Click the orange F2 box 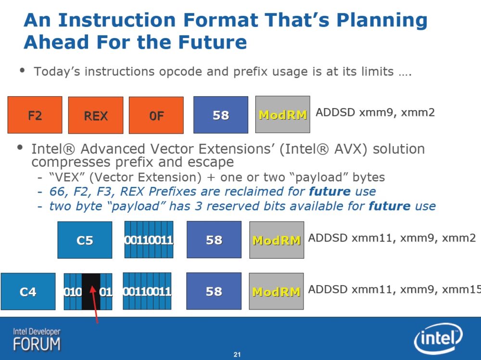tap(35, 115)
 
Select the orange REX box tap(96, 115)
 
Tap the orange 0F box tap(156, 115)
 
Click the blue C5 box tap(85, 240)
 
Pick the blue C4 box tap(28, 291)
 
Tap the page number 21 tap(237, 355)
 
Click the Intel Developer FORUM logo tap(37, 340)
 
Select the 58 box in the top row tap(221, 115)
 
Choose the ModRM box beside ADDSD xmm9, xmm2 tap(282, 114)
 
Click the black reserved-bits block tap(91, 291)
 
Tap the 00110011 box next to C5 tap(149, 239)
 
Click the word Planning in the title tap(382, 21)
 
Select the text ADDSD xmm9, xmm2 tap(375, 112)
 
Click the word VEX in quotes tap(66, 177)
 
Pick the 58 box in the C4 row tap(214, 291)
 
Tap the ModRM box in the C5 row tap(277, 240)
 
